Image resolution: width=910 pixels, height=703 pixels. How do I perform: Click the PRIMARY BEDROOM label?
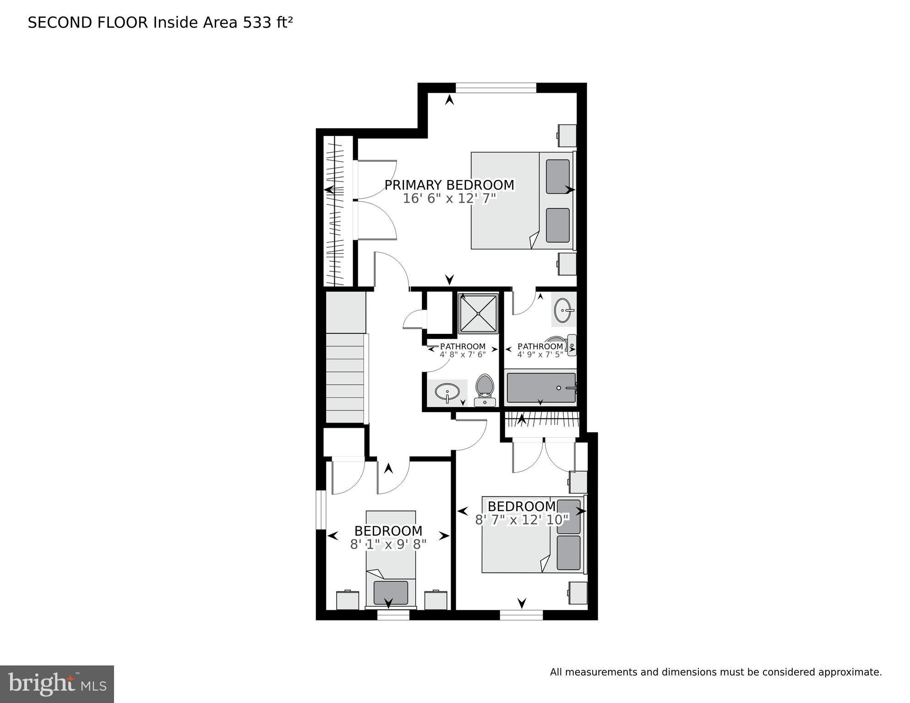click(449, 185)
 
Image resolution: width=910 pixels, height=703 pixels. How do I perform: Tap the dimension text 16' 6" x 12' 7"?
click(449, 199)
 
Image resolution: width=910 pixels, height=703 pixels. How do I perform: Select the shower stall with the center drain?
click(478, 314)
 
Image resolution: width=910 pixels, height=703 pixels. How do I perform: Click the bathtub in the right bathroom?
click(541, 388)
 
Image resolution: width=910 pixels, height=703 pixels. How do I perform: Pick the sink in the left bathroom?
click(447, 392)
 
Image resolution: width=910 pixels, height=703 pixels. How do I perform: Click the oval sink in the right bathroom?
click(563, 311)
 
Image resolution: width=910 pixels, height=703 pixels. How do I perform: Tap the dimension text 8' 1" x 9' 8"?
click(388, 545)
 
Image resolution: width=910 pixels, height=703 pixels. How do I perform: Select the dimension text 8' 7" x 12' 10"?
click(522, 520)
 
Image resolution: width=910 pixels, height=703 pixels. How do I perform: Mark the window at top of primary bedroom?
click(496, 88)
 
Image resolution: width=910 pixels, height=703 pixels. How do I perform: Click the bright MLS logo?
click(57, 684)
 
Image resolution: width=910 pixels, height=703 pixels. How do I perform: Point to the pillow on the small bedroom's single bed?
click(391, 593)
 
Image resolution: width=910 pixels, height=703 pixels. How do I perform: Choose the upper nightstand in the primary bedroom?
click(567, 136)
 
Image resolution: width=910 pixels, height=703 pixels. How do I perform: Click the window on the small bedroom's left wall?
click(321, 510)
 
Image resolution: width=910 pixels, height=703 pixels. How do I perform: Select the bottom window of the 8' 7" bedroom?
click(521, 615)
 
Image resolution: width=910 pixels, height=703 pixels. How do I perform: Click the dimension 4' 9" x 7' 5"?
click(540, 354)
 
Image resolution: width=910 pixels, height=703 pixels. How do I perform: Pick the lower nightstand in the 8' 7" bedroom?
click(578, 593)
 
